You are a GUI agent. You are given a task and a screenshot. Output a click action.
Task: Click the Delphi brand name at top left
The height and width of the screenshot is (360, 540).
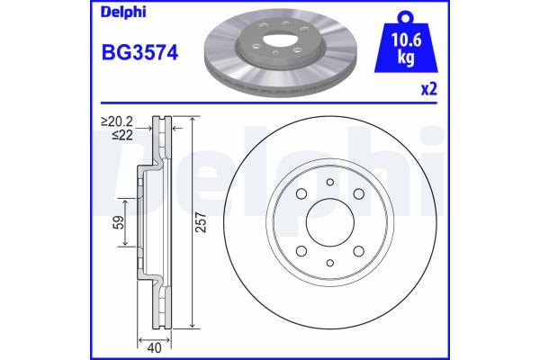tap(123, 13)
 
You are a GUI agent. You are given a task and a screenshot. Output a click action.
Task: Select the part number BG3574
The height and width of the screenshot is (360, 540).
tap(139, 53)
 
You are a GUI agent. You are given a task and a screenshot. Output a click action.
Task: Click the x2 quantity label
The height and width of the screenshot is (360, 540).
tap(429, 89)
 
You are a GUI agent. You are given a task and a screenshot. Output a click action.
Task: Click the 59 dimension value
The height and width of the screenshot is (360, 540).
tap(118, 222)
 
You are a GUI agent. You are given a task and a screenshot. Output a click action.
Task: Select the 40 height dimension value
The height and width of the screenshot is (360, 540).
tap(154, 348)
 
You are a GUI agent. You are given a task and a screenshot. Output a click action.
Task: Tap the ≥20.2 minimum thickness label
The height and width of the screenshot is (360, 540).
tap(117, 121)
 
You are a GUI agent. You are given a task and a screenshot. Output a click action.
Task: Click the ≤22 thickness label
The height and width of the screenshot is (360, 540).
tap(122, 135)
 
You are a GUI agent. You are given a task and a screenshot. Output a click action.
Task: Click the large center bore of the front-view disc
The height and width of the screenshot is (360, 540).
tap(330, 222)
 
